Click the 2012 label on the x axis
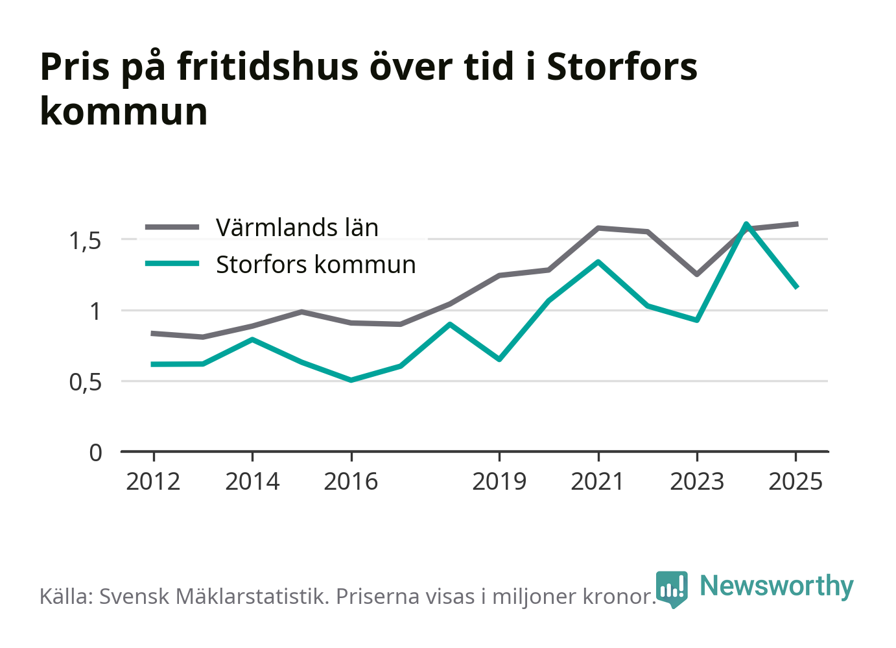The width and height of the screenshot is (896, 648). click(153, 481)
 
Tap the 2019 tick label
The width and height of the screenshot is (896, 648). click(499, 481)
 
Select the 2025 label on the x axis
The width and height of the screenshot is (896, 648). click(796, 481)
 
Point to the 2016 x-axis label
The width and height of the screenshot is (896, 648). click(351, 481)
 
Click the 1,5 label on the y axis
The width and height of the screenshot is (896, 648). click(85, 241)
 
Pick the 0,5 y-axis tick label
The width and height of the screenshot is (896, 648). click(85, 382)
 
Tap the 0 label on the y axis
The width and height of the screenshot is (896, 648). click(95, 453)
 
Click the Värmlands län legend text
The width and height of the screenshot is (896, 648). click(297, 227)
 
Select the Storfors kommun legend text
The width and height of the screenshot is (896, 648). click(316, 264)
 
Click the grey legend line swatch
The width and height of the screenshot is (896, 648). click(172, 227)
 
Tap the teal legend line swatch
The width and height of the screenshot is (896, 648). click(172, 263)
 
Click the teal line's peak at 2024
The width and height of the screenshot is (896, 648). click(746, 224)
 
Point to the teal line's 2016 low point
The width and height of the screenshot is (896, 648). click(351, 380)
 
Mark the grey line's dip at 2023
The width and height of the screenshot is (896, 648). click(697, 274)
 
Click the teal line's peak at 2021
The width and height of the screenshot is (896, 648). click(598, 262)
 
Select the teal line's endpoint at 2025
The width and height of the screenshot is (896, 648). click(796, 287)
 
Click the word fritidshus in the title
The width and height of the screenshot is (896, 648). click(268, 66)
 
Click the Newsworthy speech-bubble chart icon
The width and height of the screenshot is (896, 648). click(672, 589)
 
